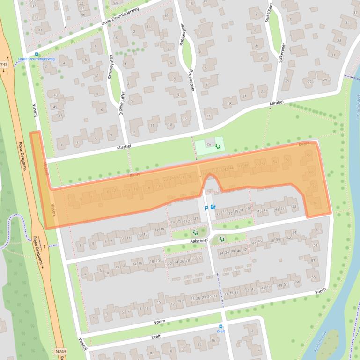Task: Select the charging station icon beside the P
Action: click(x=213, y=207)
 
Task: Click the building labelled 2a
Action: click(x=209, y=145)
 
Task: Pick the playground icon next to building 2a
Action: click(x=218, y=146)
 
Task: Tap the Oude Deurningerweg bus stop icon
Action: click(x=37, y=54)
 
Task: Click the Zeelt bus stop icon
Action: click(x=221, y=326)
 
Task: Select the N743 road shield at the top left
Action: click(x=5, y=65)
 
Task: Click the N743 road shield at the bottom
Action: click(x=59, y=351)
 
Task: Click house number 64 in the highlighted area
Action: click(x=316, y=202)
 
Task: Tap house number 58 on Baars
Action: click(x=308, y=155)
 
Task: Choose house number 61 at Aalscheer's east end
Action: click(x=318, y=230)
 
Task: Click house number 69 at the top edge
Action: click(x=116, y=3)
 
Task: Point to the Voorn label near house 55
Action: click(x=320, y=291)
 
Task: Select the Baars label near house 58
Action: click(x=303, y=145)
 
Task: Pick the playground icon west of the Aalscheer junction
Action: click(x=195, y=232)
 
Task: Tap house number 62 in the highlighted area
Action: click(x=315, y=187)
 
